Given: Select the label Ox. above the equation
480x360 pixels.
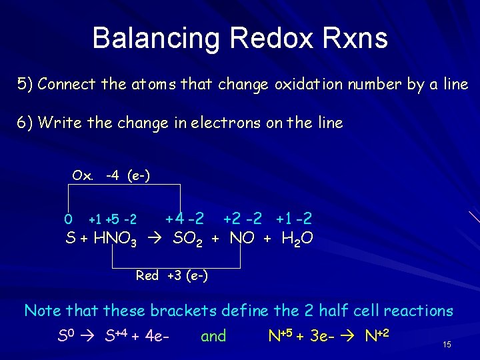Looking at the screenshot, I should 83,175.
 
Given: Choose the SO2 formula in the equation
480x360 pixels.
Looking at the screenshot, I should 188,239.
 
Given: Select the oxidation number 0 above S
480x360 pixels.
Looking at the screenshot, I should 68,219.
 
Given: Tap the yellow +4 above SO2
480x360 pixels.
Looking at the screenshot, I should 174,218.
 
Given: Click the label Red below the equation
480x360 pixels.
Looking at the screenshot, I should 147,275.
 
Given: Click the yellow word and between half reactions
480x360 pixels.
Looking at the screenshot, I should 213,336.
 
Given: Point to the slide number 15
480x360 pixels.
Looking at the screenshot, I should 447,345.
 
